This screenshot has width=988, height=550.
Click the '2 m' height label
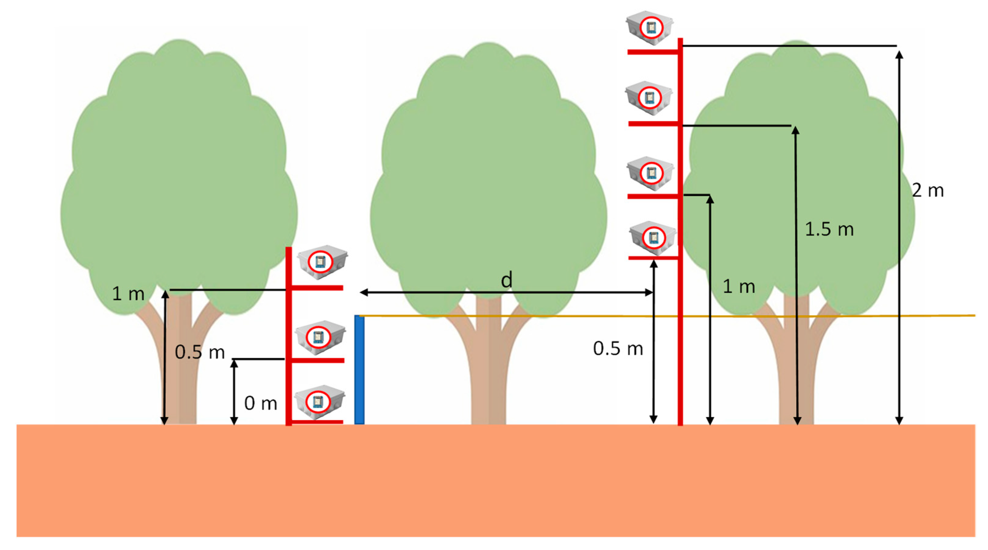(927, 191)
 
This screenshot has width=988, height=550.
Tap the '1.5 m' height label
(829, 229)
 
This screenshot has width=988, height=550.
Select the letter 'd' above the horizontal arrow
(506, 280)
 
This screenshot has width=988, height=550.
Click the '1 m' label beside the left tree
(128, 294)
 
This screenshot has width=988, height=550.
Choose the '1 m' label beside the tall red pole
(739, 286)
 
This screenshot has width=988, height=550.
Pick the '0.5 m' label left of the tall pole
(618, 349)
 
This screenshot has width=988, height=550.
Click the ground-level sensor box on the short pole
(319, 402)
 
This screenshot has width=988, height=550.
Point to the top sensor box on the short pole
(322, 262)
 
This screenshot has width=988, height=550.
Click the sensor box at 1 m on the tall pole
(650, 173)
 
